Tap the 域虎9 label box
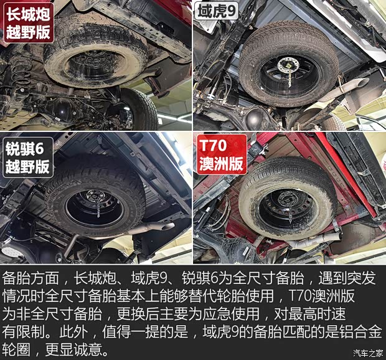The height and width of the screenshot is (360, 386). [215, 11]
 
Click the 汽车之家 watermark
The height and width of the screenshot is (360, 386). [368, 353]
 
